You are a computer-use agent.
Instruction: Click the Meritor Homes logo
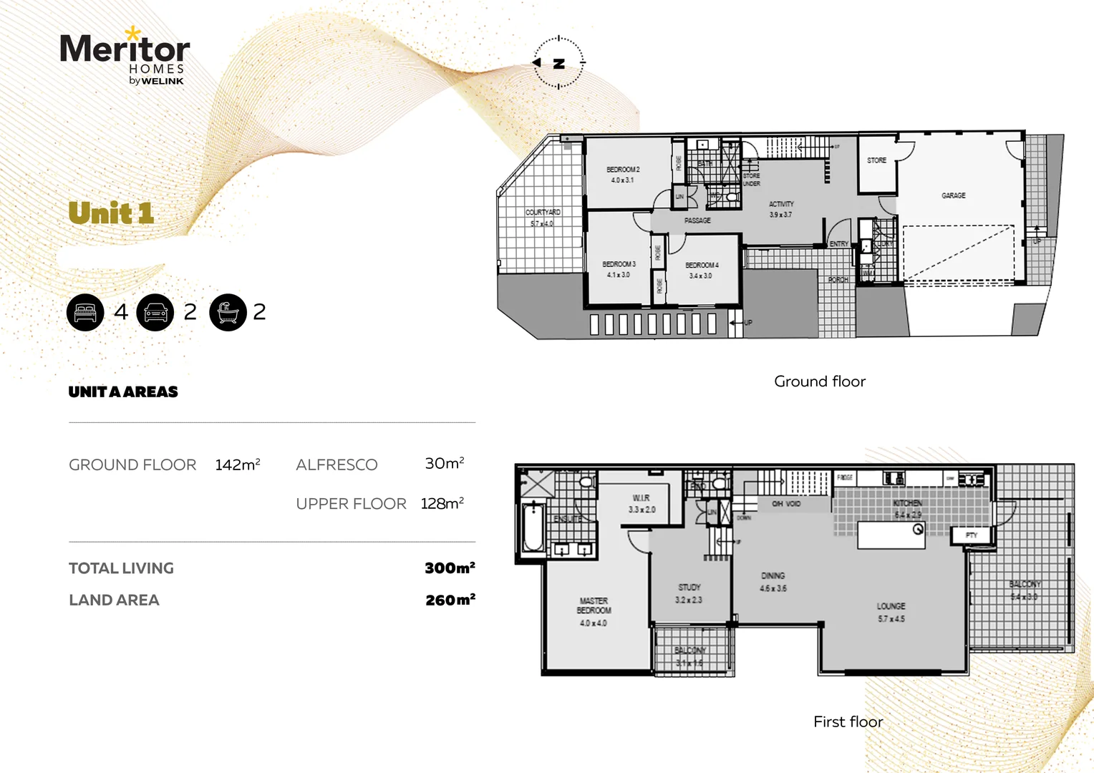tap(125, 58)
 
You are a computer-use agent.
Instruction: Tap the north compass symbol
tap(558, 63)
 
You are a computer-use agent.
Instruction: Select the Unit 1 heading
tap(111, 213)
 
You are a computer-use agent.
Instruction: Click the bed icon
tap(85, 312)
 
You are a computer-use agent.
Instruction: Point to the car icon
tap(155, 312)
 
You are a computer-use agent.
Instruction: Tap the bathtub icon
tap(228, 312)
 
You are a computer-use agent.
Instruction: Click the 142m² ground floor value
tap(237, 465)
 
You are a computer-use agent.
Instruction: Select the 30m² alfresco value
tap(444, 464)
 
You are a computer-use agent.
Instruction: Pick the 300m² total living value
tap(449, 568)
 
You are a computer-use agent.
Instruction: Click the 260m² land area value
tap(450, 600)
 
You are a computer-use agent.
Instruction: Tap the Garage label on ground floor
tap(953, 195)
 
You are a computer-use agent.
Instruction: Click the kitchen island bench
tap(891, 535)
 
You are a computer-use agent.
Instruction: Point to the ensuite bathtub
tap(532, 529)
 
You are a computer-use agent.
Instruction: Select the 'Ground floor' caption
tap(819, 381)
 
